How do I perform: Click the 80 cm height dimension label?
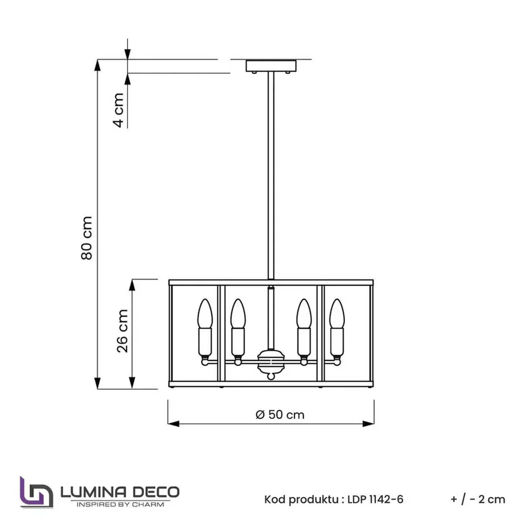click(x=87, y=238)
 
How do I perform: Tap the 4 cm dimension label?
click(x=118, y=110)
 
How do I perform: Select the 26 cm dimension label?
click(x=122, y=331)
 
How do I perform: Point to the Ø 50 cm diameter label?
click(x=280, y=415)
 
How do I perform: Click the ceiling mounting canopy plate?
click(x=271, y=66)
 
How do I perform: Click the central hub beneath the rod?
click(x=271, y=362)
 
